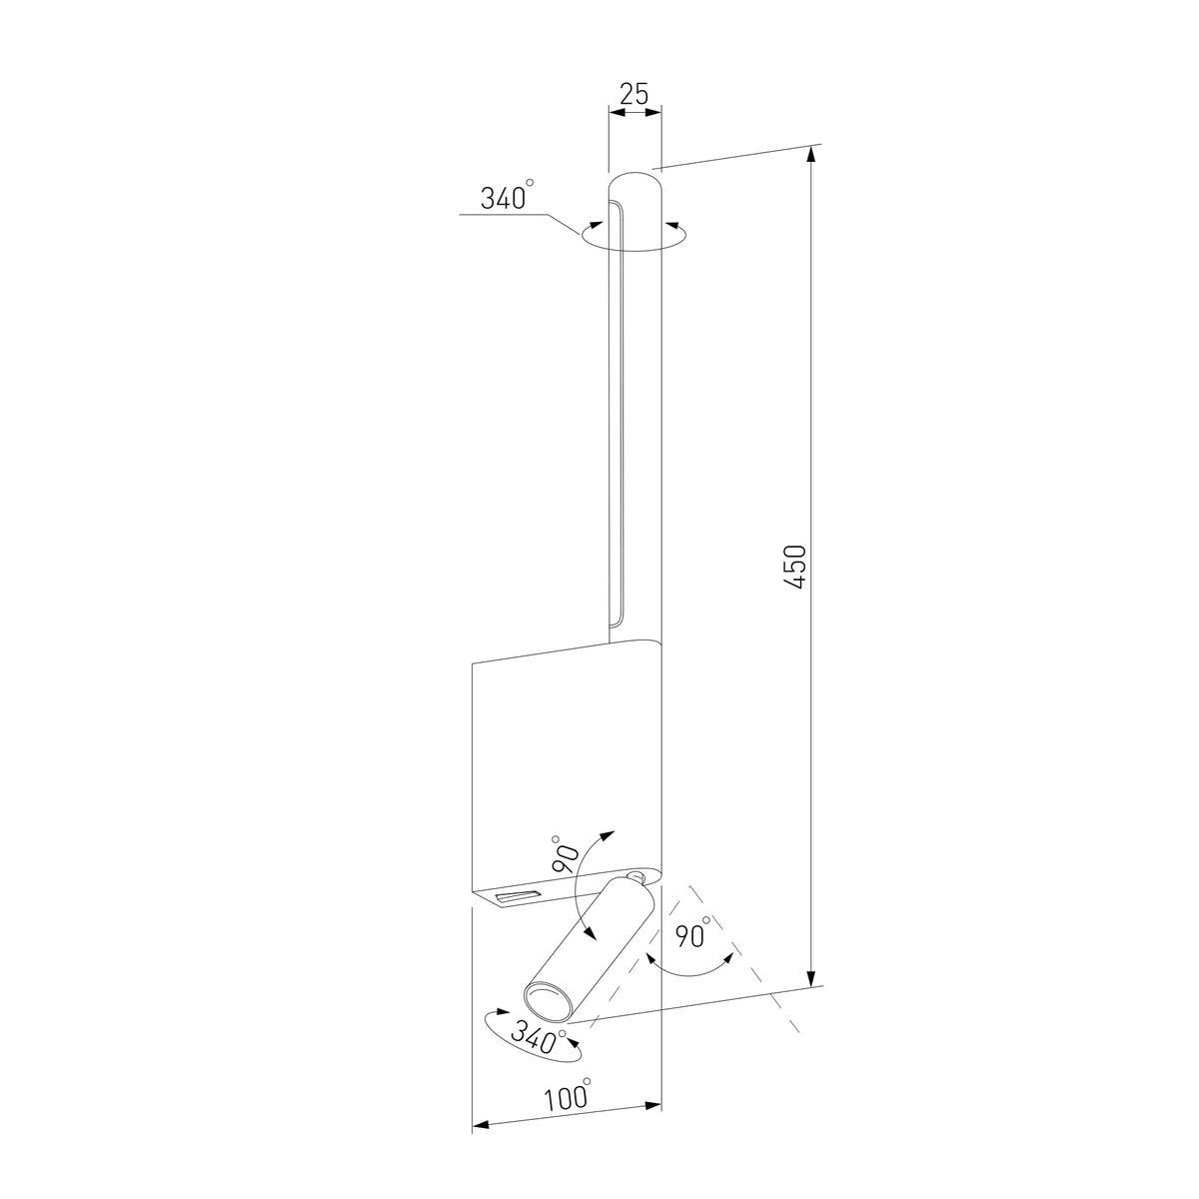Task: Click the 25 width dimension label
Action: (634, 94)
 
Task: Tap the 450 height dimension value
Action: (795, 567)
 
